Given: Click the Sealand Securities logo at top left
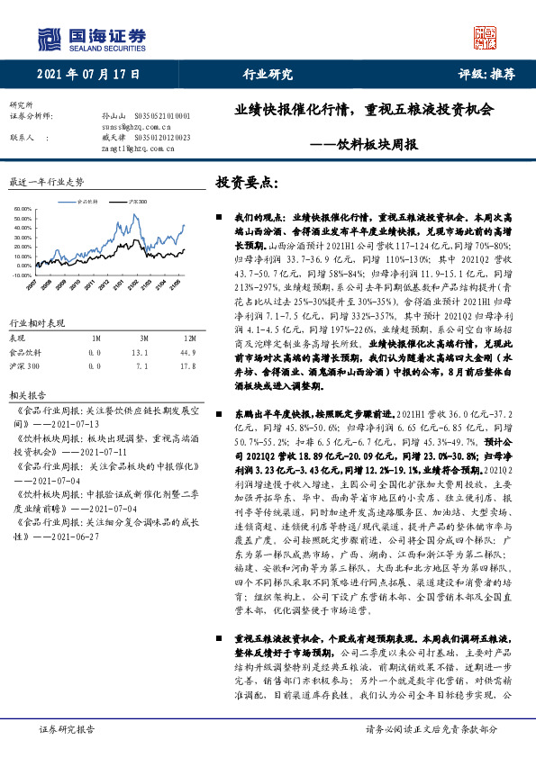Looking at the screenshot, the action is click(x=91, y=38).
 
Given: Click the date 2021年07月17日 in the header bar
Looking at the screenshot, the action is click(x=89, y=75).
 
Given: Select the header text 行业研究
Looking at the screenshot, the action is click(x=268, y=75).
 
